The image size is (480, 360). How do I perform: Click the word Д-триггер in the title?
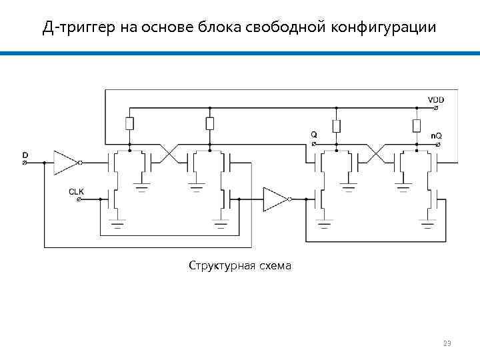[80, 27]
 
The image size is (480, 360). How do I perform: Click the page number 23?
[447, 344]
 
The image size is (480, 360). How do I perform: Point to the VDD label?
[436, 100]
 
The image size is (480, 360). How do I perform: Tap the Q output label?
[314, 134]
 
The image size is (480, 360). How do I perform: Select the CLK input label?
[77, 191]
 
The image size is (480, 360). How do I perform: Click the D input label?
[25, 155]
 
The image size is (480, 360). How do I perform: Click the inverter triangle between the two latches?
[275, 199]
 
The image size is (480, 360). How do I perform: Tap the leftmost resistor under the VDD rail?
[129, 123]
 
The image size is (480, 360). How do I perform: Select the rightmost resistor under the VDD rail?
[417, 126]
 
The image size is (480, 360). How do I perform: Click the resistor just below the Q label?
[337, 126]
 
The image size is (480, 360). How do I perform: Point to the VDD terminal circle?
[431, 108]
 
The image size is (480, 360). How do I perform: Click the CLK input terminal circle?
[79, 199]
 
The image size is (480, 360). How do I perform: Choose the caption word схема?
[273, 266]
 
